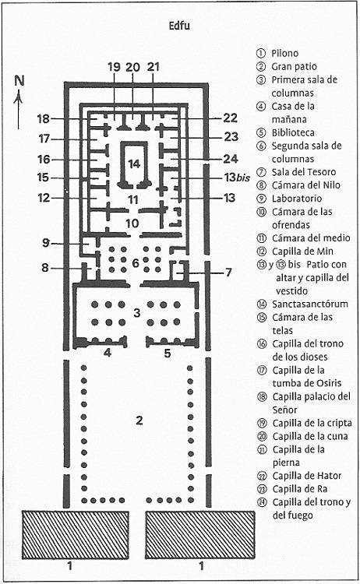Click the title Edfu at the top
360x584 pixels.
pos(179,26)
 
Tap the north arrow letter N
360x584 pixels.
pos(19,81)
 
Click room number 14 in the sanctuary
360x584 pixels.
pos(134,164)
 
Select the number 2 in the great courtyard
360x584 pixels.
pos(139,420)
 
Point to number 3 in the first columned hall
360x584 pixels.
pos(137,312)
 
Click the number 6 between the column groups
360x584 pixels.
pos(136,263)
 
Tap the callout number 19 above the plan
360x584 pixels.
pos(114,67)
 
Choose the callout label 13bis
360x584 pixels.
pos(237,178)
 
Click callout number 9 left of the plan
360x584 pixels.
pos(45,243)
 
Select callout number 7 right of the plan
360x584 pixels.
pos(228,273)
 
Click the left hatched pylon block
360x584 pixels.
pos(76,535)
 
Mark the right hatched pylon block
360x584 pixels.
pos(200,535)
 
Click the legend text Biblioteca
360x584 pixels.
pos(293,132)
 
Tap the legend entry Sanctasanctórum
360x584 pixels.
pos(310,304)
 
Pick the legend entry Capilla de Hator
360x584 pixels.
pos(307,476)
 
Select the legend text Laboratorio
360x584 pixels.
pos(297,199)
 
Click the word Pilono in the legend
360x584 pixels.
pos(284,53)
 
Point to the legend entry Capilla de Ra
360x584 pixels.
pos(300,489)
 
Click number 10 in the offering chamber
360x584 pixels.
pos(132,223)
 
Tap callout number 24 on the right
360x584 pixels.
pos(231,159)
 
